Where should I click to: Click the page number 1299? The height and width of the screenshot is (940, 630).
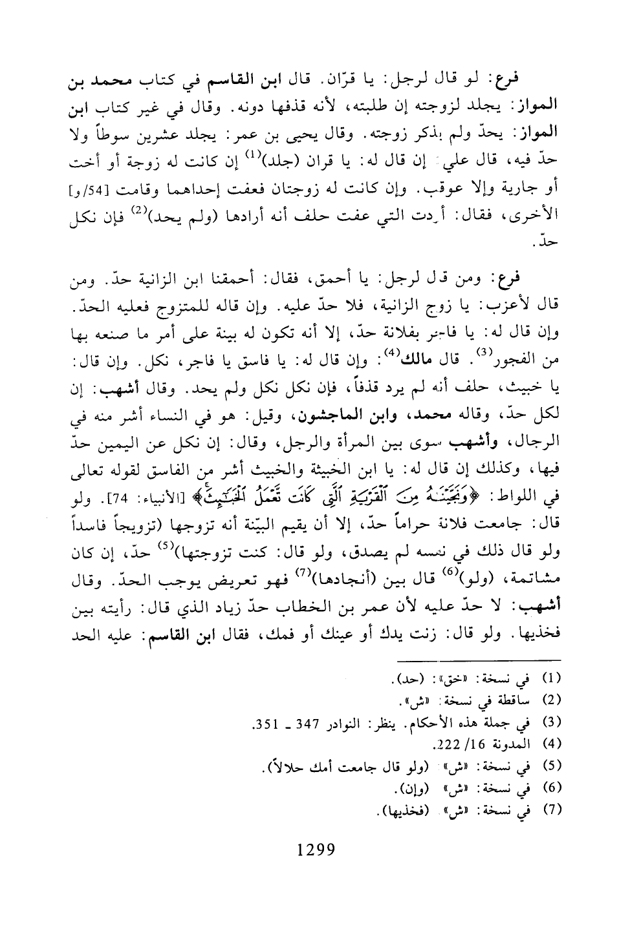pyautogui.click(x=315, y=849)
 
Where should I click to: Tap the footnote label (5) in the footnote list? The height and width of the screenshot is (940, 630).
pyautogui.click(x=554, y=766)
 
